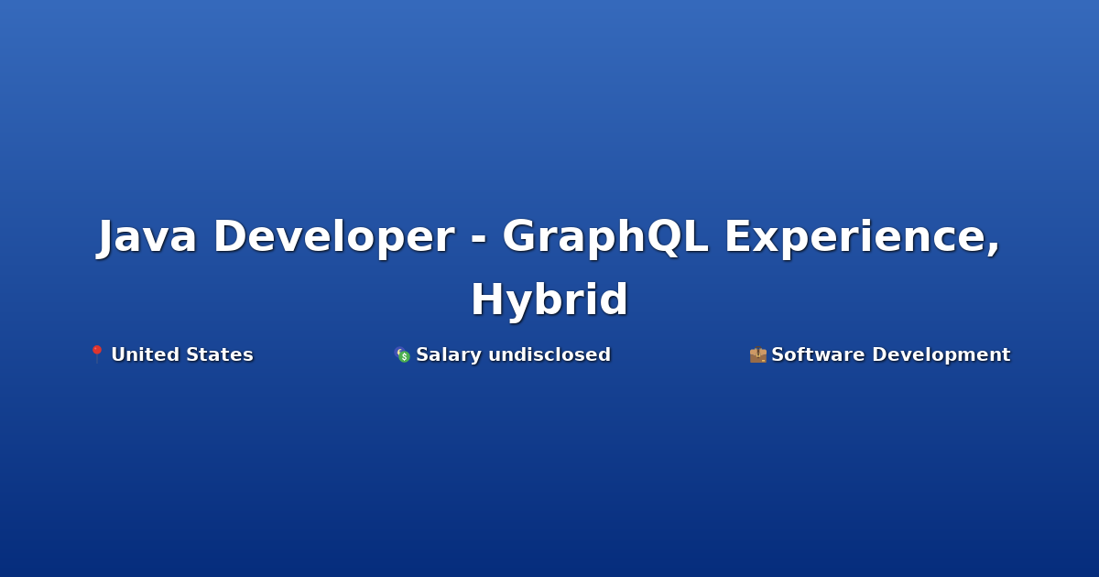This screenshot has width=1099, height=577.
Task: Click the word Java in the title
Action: (x=147, y=237)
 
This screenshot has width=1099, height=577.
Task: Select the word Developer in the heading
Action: (x=334, y=238)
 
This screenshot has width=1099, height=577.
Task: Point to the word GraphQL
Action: (x=605, y=238)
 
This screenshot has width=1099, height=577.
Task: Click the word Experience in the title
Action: (x=856, y=238)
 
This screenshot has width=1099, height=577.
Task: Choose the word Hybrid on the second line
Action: (x=549, y=300)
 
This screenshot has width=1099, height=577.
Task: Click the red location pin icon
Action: (x=97, y=354)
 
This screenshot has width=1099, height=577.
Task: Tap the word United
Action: (x=146, y=354)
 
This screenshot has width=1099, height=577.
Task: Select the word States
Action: (x=220, y=354)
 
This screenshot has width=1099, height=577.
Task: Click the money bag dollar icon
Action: (x=402, y=354)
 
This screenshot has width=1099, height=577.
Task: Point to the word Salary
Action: (x=449, y=354)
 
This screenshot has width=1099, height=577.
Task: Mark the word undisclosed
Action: (x=549, y=354)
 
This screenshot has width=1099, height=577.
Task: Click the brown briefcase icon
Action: (x=758, y=354)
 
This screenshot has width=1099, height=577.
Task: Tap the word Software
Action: (x=818, y=354)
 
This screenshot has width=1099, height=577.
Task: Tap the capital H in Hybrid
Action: (x=487, y=299)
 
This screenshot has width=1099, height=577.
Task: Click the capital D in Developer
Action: (x=233, y=236)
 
